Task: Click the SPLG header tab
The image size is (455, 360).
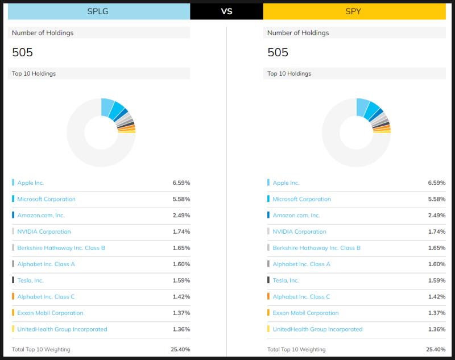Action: pyautogui.click(x=99, y=11)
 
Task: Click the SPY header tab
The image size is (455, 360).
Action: pyautogui.click(x=354, y=11)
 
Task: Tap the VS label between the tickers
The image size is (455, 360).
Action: pyautogui.click(x=226, y=11)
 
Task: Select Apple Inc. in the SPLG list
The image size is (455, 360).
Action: pyautogui.click(x=31, y=183)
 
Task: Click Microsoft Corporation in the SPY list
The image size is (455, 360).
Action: pyautogui.click(x=301, y=199)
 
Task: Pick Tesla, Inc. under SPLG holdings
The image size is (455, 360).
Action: pyautogui.click(x=31, y=280)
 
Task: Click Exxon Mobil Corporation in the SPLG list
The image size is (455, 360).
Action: pyautogui.click(x=50, y=313)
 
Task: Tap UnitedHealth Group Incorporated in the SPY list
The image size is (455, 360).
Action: pyautogui.click(x=317, y=329)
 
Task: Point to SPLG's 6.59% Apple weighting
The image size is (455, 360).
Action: pyautogui.click(x=181, y=183)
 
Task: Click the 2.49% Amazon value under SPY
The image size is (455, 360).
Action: pyautogui.click(x=436, y=216)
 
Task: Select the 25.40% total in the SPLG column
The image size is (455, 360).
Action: pyautogui.click(x=180, y=349)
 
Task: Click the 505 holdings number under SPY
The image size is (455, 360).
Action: pyautogui.click(x=278, y=52)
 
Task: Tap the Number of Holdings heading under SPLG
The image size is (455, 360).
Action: pyautogui.click(x=43, y=33)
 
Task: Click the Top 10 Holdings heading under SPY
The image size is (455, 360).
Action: pyautogui.click(x=289, y=73)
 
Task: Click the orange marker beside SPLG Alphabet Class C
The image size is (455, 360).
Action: pyautogui.click(x=13, y=296)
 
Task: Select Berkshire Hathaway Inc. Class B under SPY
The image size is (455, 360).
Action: pyautogui.click(x=316, y=248)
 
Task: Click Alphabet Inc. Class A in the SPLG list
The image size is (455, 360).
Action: pyautogui.click(x=46, y=264)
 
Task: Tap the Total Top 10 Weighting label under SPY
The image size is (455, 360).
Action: pyautogui.click(x=296, y=349)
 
